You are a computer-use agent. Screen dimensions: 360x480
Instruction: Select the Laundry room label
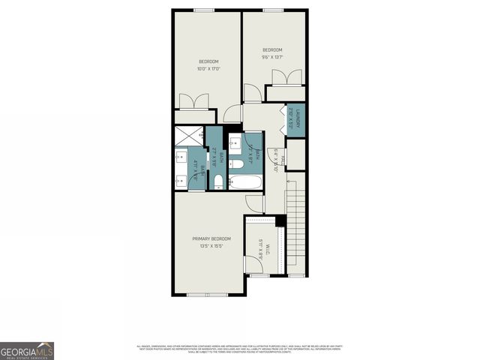coord(298,120)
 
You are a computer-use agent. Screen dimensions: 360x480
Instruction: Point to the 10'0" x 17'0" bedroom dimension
coord(208,68)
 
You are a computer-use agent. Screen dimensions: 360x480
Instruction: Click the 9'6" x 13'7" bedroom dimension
coord(271,57)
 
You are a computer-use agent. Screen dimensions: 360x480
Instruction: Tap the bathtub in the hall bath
coord(245,181)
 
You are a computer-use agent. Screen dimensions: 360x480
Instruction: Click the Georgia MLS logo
coord(27,350)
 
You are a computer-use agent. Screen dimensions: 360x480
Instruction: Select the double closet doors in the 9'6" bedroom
coord(281,77)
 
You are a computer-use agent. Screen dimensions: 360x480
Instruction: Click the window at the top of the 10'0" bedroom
coord(204,10)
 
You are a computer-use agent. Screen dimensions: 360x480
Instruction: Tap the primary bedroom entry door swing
coord(253,202)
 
